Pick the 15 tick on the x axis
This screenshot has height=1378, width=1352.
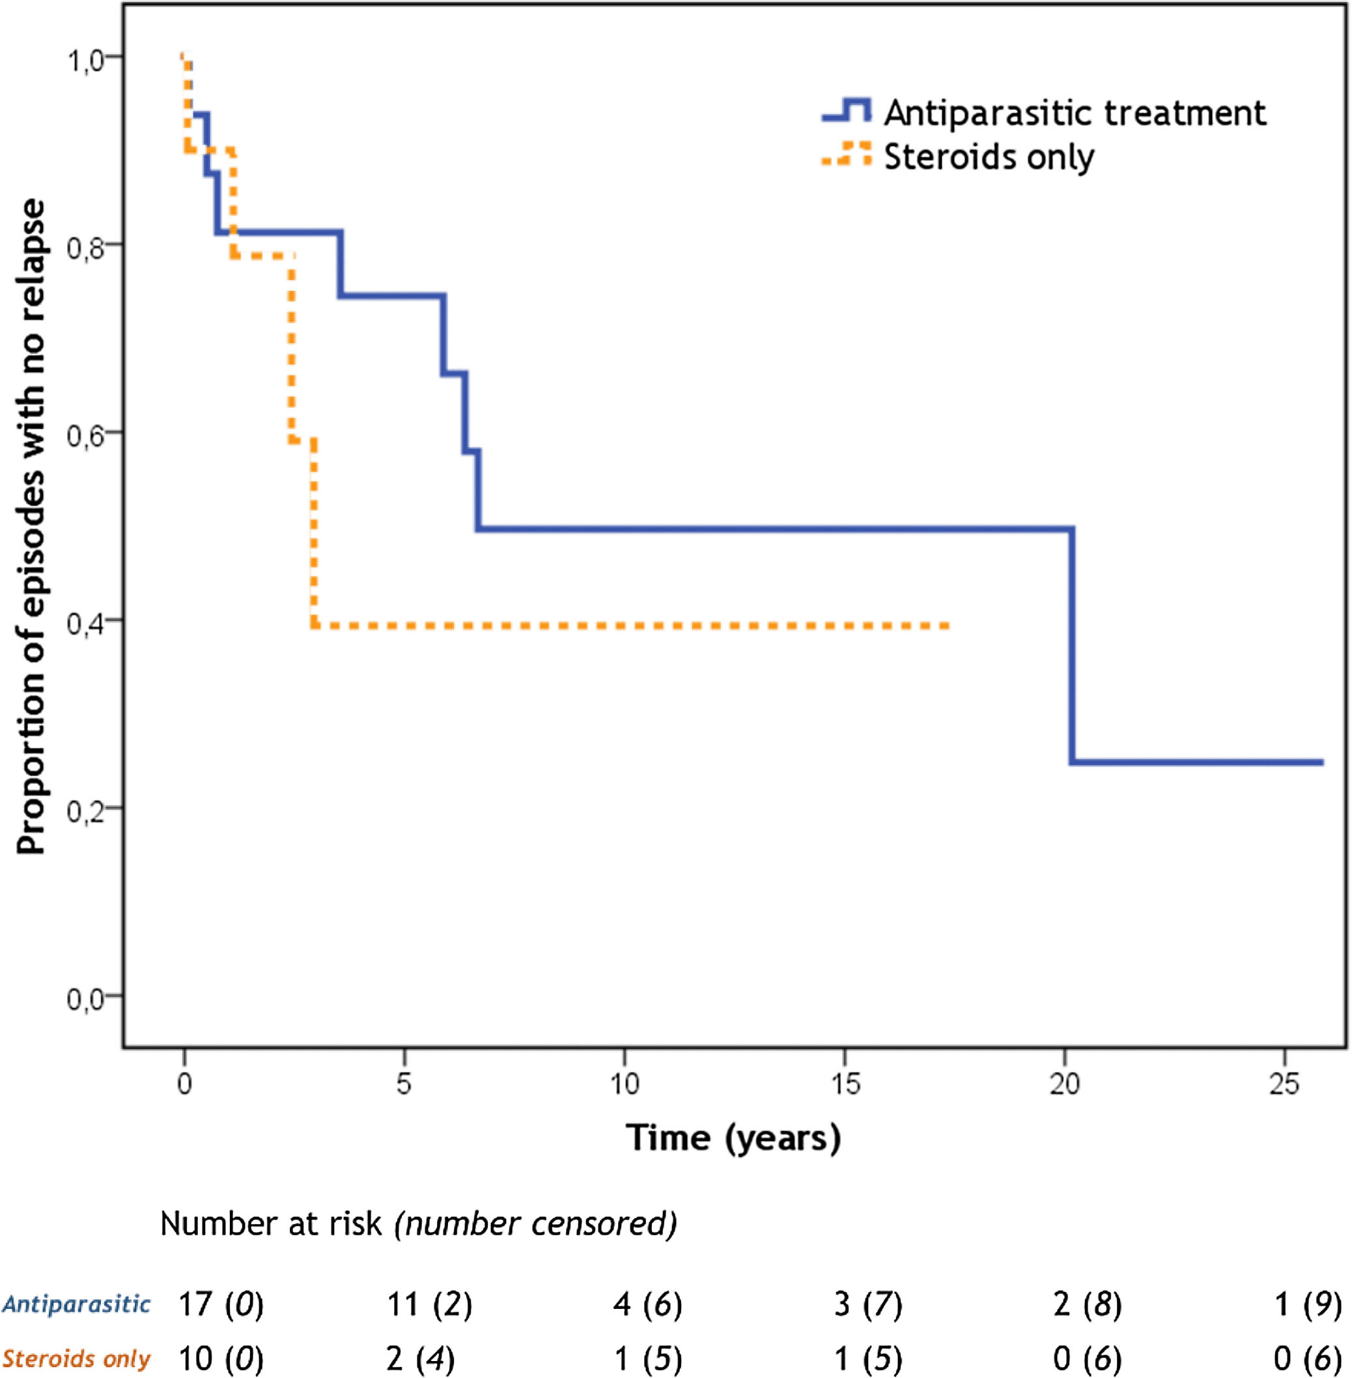pyautogui.click(x=844, y=1084)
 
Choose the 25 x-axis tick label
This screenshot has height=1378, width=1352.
pyautogui.click(x=1284, y=1084)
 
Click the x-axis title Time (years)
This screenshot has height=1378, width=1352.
pyautogui.click(x=733, y=1138)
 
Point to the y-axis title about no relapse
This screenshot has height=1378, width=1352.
pyautogui.click(x=31, y=526)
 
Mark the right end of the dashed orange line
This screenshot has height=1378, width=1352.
pyautogui.click(x=948, y=625)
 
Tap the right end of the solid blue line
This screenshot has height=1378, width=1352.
pyautogui.click(x=1321, y=763)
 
